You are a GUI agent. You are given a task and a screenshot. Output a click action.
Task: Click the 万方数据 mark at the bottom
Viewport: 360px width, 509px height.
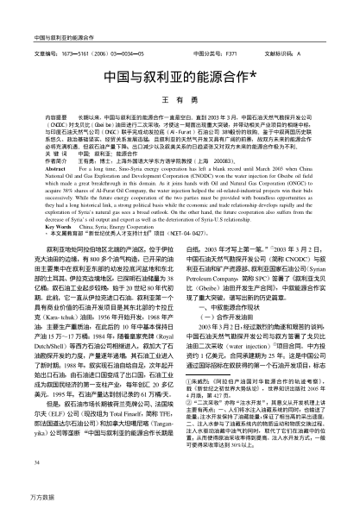pyautogui.click(x=30, y=498)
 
